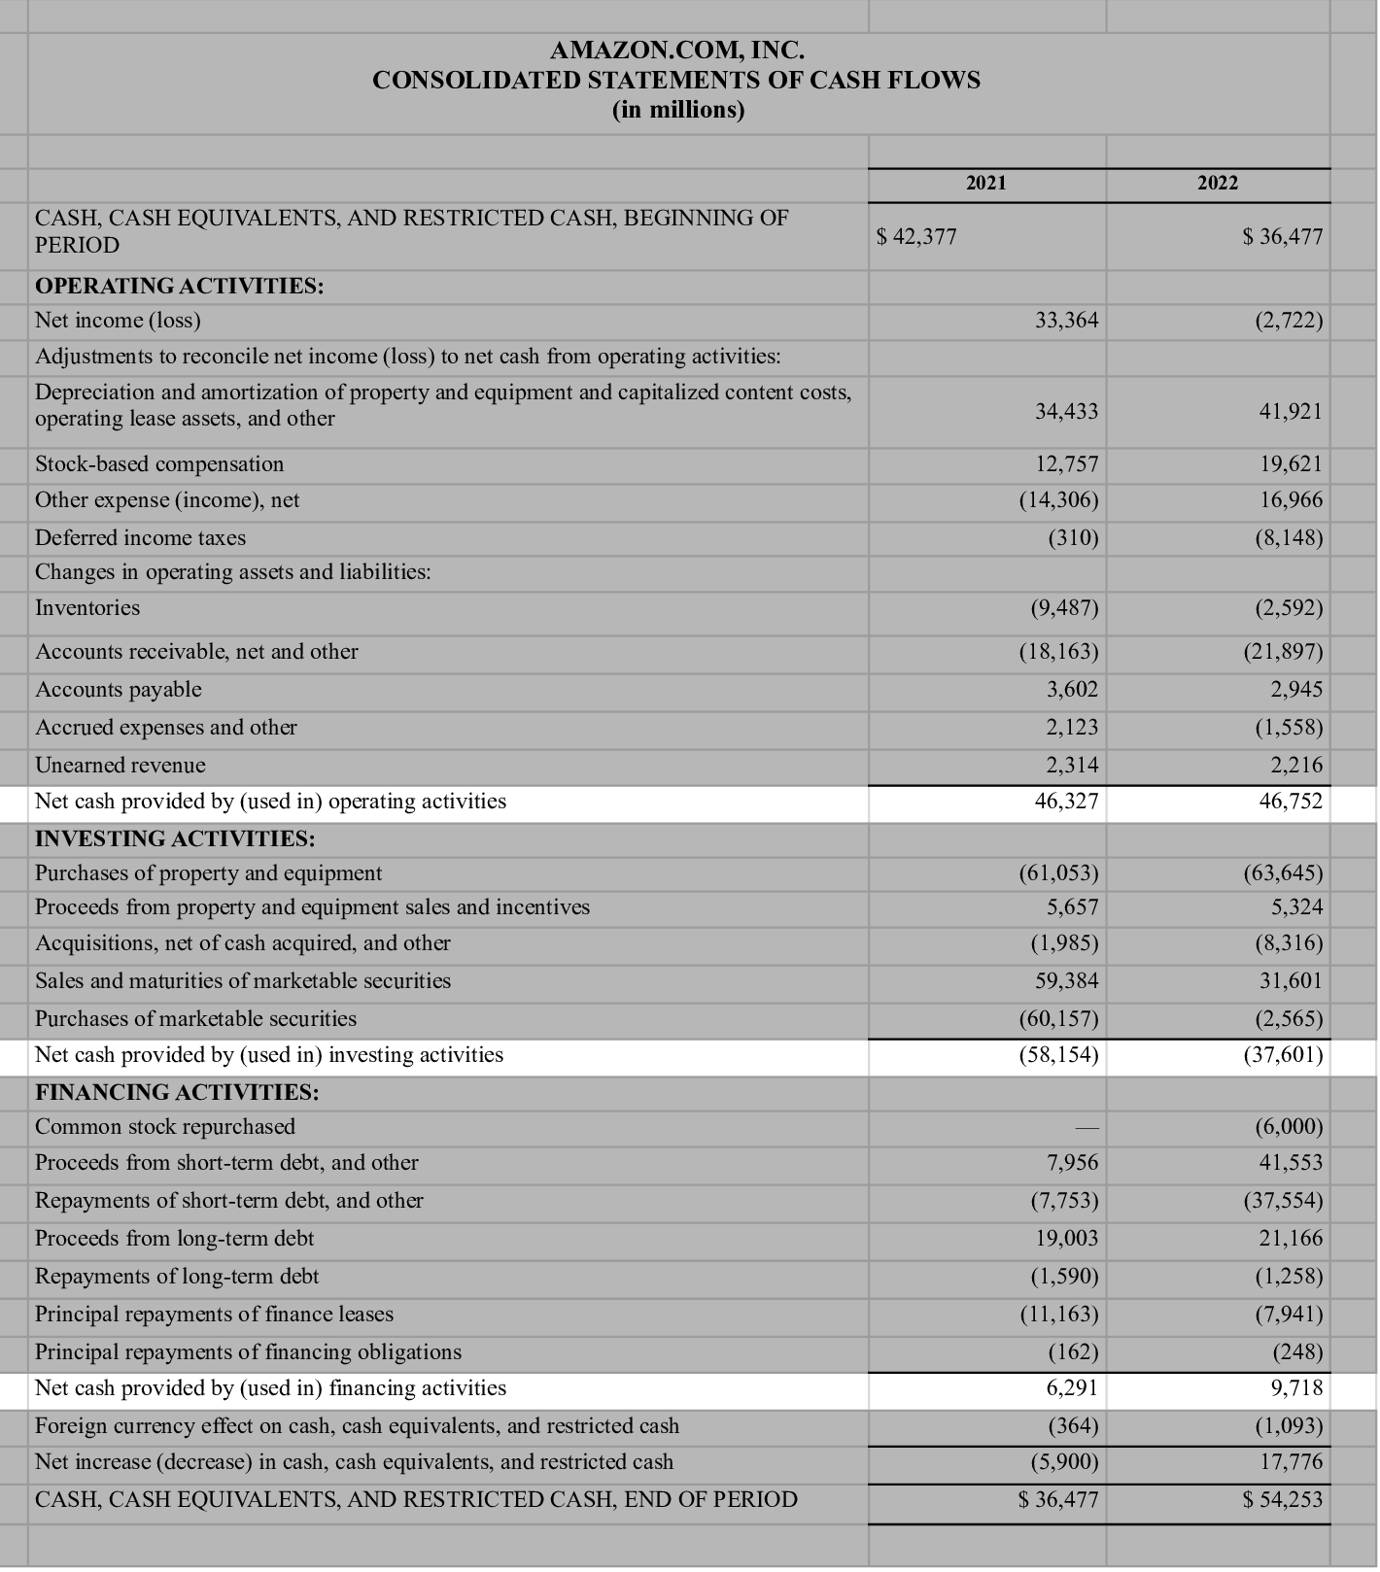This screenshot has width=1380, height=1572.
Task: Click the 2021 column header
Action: tap(986, 183)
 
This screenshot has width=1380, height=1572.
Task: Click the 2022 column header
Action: tap(1218, 183)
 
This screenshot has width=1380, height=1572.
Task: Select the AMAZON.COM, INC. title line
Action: tap(676, 50)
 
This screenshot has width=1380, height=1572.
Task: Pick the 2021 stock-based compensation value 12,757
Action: tap(1066, 464)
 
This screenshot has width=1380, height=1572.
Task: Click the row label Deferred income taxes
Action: tap(141, 538)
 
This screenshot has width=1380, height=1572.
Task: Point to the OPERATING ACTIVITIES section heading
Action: tap(180, 287)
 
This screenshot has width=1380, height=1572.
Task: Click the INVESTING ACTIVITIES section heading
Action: tap(175, 838)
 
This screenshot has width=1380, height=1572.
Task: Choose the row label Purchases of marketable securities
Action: tap(196, 1019)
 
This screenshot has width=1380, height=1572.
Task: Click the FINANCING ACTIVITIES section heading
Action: tap(177, 1092)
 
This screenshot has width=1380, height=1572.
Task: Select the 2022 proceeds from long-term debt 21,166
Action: tap(1291, 1239)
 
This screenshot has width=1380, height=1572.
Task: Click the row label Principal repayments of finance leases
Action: tap(215, 1315)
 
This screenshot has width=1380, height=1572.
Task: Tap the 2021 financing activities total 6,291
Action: tap(1072, 1388)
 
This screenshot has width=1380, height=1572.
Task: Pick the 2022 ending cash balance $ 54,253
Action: tap(1283, 1500)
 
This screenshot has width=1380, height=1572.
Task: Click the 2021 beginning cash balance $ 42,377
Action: tap(916, 237)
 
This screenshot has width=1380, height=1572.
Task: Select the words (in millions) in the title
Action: tap(677, 110)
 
